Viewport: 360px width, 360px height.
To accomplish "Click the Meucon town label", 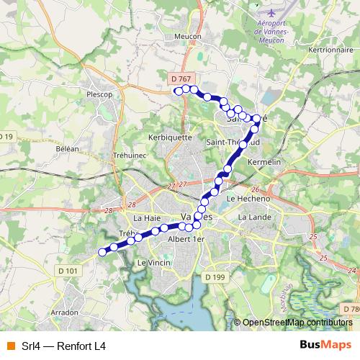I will [x=187, y=35].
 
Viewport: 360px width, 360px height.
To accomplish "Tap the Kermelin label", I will [x=262, y=163].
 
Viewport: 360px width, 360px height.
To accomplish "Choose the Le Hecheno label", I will [x=248, y=198].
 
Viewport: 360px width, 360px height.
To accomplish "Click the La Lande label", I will [x=253, y=217].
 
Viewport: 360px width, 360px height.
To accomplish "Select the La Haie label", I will [x=147, y=217].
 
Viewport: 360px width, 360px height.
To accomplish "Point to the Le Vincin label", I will [x=152, y=263].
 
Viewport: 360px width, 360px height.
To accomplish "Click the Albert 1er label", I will [x=186, y=238].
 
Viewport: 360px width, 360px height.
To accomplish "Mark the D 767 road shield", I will [x=182, y=78].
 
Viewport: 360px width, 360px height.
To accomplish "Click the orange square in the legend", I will [x=9, y=346].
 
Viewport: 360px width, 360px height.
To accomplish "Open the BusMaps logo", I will [x=325, y=346].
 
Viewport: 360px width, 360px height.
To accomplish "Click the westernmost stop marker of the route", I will [x=102, y=252].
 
